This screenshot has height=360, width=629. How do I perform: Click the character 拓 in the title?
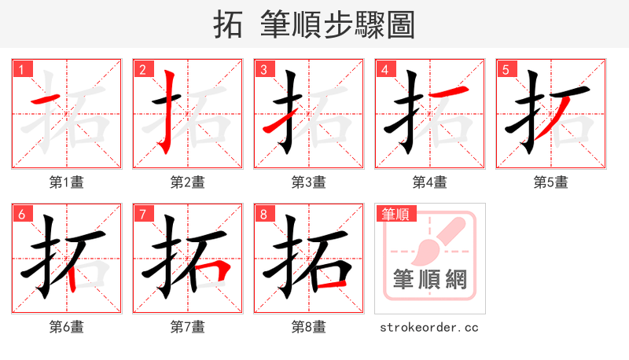click(x=228, y=24)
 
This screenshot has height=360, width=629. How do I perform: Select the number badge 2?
click(x=142, y=69)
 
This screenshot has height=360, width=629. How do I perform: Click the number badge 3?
click(x=263, y=69)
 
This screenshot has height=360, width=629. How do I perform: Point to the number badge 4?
click(x=384, y=69)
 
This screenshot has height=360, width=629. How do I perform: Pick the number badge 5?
click(x=506, y=69)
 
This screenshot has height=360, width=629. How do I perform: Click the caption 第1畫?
click(x=66, y=182)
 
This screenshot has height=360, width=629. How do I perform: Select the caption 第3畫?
click(x=308, y=182)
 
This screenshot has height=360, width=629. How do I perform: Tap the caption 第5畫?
click(x=550, y=182)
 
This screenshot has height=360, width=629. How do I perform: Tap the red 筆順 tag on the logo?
click(x=395, y=213)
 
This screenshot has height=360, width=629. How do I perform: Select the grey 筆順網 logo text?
click(x=429, y=279)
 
